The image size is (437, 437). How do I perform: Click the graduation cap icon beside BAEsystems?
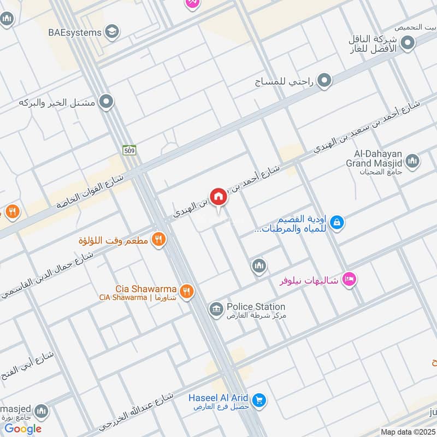(113, 32)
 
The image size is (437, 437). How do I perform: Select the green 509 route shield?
(129, 150)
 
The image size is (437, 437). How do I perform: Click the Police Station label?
(256, 307)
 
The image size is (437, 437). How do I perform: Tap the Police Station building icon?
(216, 310)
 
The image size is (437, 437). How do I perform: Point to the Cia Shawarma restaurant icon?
(186, 292)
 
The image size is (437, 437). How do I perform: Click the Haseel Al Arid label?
(218, 398)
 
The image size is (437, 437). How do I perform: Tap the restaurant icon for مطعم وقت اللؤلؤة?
(158, 238)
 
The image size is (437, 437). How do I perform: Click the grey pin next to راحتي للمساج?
(325, 81)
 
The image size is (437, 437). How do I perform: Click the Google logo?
(23, 429)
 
